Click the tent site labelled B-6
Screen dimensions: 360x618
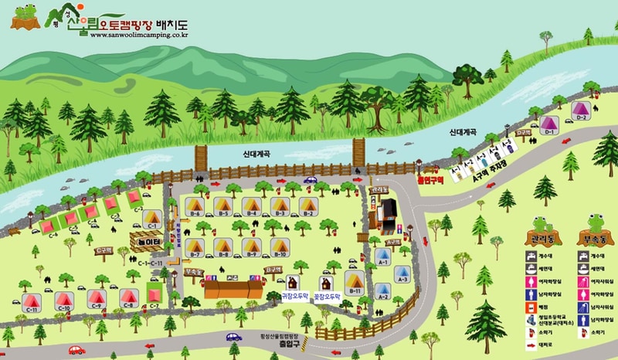[195, 206]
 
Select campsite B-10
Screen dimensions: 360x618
[280, 247]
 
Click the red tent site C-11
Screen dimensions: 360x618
[32, 301]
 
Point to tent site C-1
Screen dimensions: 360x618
[152, 219]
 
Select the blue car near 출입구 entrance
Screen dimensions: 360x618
[234, 336]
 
